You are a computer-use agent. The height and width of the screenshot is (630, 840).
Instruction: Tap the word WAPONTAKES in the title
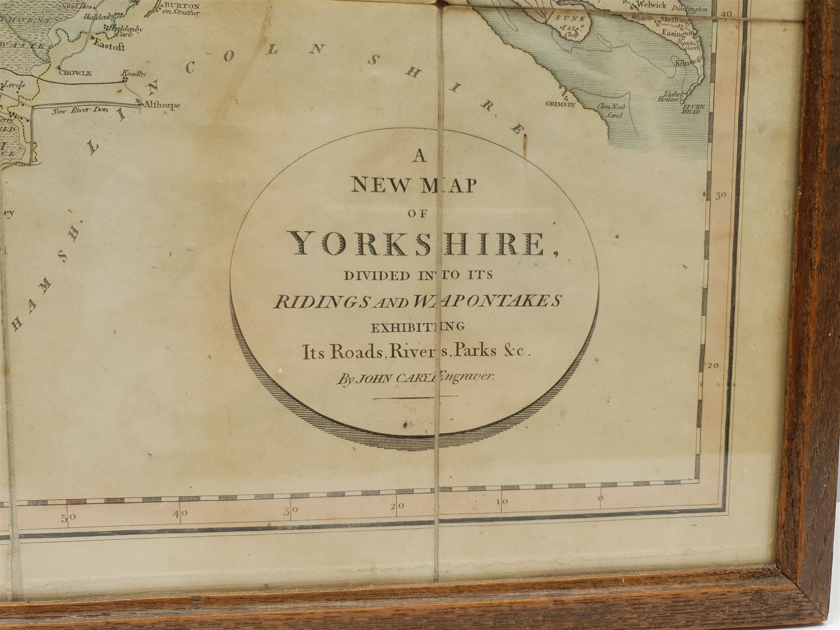[485, 302]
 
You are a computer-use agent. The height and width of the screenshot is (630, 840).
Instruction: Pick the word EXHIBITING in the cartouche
[417, 327]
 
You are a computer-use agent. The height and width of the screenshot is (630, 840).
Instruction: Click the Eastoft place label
[109, 47]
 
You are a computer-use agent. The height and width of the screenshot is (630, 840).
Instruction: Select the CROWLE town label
[75, 73]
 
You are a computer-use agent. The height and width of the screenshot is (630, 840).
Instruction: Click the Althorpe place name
[161, 105]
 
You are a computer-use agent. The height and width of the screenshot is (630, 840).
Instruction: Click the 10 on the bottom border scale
[501, 503]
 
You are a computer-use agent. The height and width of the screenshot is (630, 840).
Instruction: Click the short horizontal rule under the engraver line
[416, 397]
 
